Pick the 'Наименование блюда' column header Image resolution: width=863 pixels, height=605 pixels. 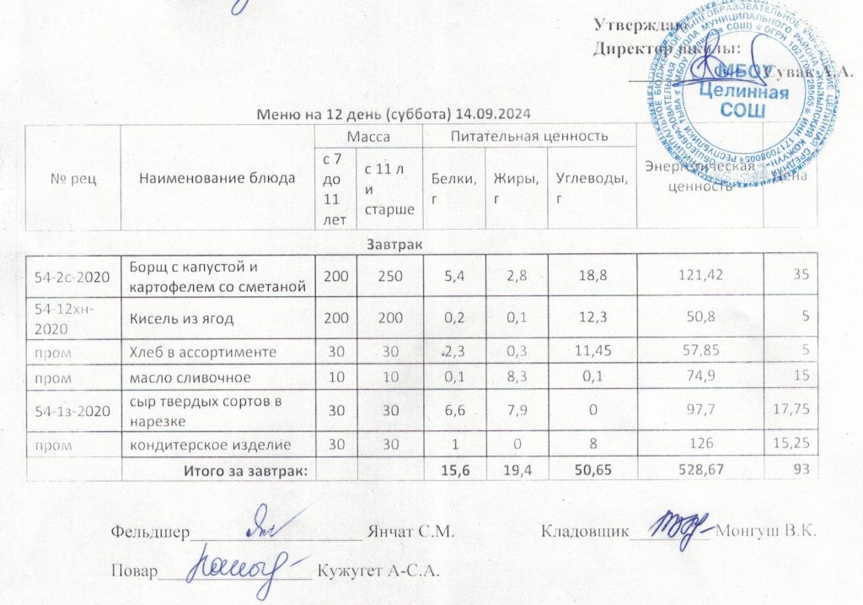pos(217,178)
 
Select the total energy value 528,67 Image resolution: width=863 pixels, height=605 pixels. pos(700,468)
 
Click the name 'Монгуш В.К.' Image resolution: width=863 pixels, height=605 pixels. pos(768,532)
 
